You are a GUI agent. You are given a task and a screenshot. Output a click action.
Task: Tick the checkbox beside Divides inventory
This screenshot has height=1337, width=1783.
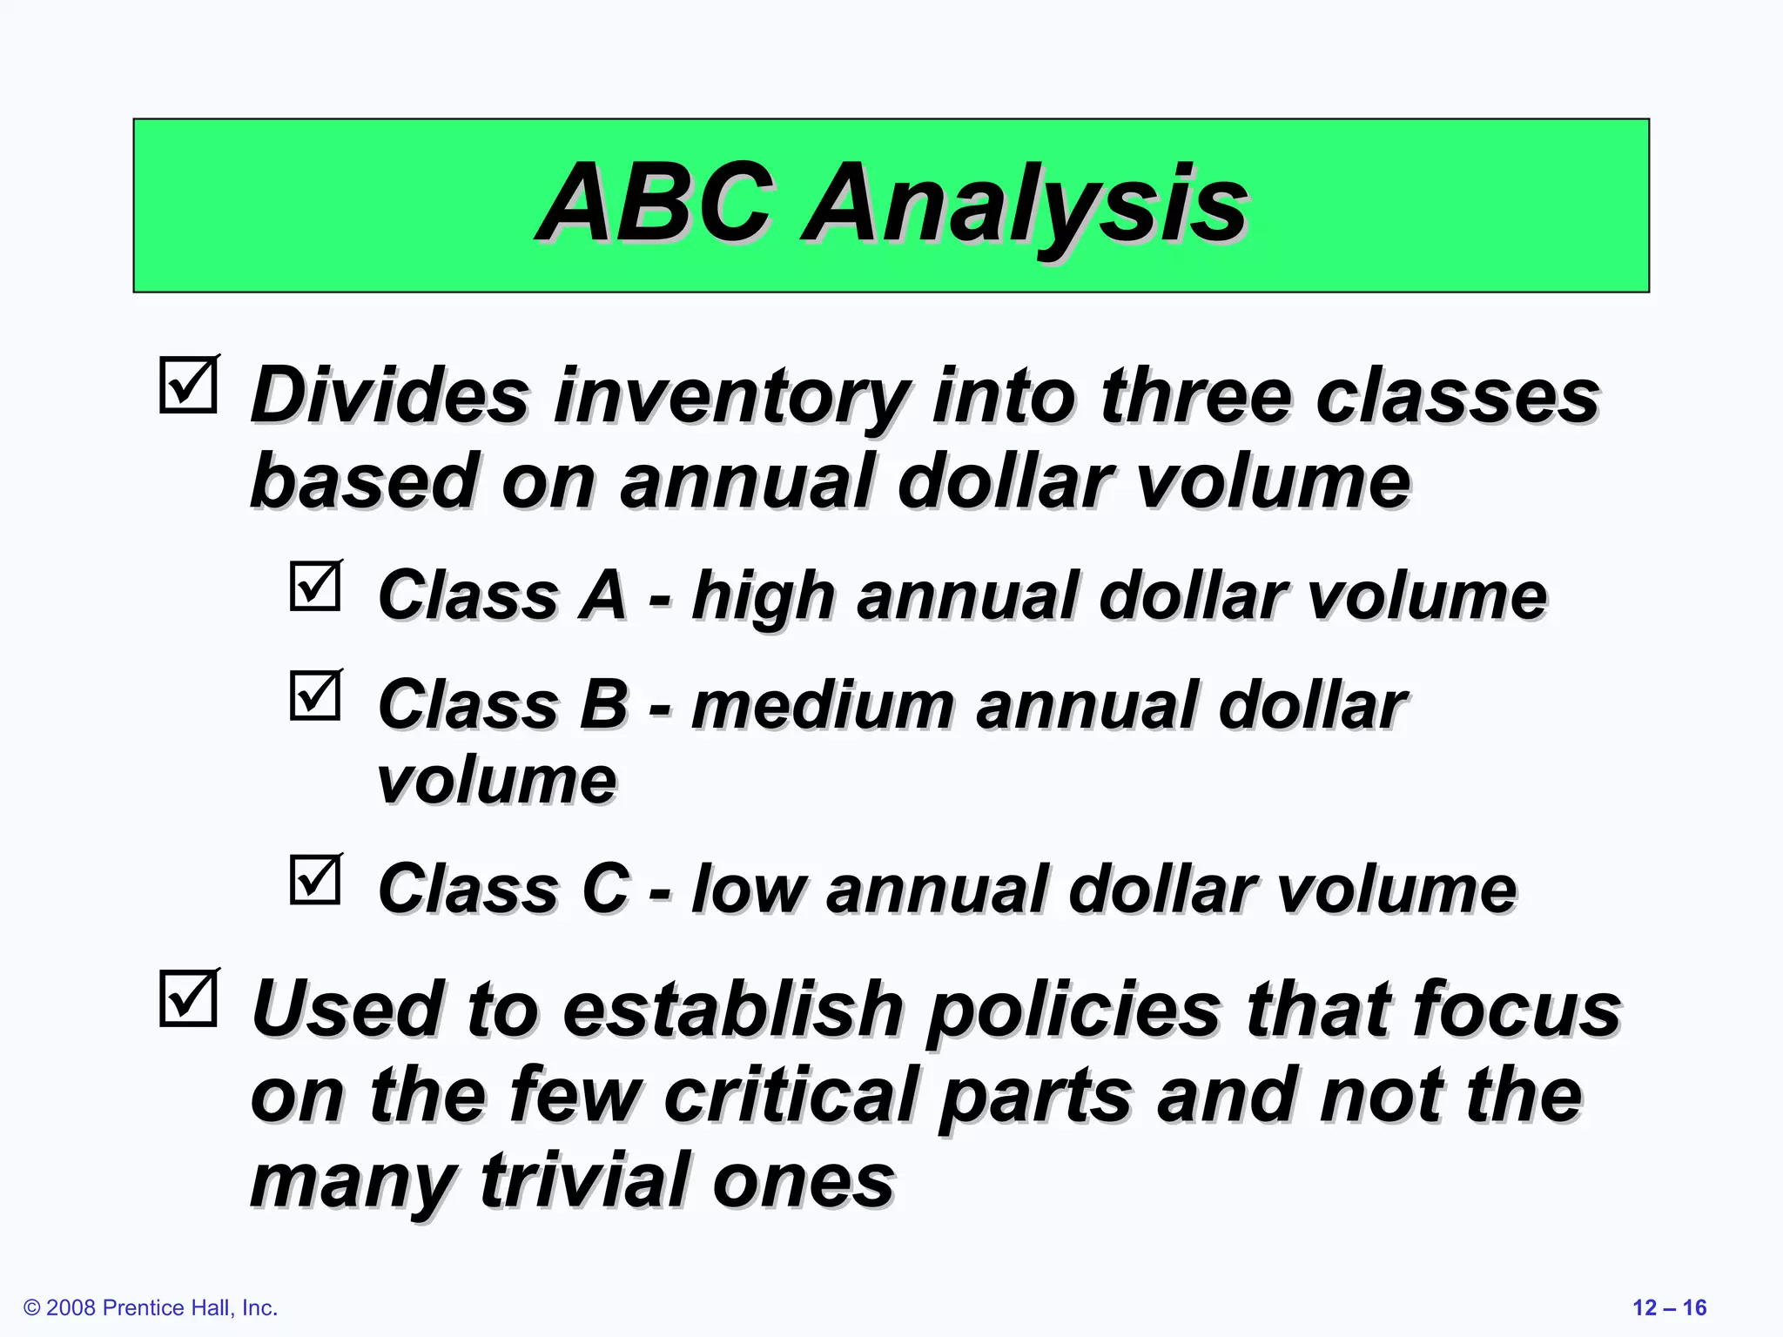(x=188, y=385)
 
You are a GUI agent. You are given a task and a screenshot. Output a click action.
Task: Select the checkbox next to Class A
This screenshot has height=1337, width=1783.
(x=315, y=586)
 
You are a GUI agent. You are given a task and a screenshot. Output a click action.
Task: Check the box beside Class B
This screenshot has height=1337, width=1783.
(x=315, y=695)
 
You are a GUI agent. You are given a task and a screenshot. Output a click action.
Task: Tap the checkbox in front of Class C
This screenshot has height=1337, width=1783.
(x=315, y=879)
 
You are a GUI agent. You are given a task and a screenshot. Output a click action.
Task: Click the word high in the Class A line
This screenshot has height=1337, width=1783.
(x=763, y=597)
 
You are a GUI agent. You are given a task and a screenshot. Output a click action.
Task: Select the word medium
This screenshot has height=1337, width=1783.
(x=822, y=705)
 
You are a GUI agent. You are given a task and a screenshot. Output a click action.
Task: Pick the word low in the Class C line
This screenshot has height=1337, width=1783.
(x=749, y=890)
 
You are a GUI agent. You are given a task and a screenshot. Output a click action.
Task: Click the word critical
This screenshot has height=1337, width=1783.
(x=792, y=1095)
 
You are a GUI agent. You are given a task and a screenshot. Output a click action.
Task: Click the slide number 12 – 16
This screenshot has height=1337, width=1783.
(x=1669, y=1307)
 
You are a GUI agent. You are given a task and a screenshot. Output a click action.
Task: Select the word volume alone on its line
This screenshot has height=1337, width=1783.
(x=496, y=780)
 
